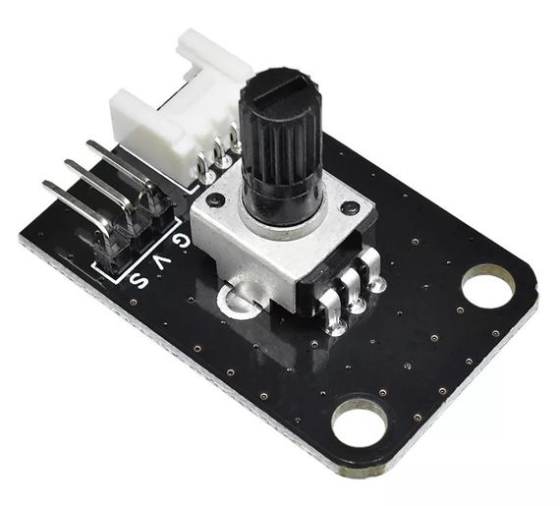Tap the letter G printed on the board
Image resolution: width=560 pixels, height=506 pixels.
pyautogui.click(x=181, y=241)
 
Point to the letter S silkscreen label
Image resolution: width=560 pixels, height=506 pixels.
pyautogui.click(x=139, y=281)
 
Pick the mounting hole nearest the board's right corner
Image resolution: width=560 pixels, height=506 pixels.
pyautogui.click(x=488, y=287)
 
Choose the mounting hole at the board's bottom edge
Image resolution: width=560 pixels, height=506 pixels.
pyautogui.click(x=360, y=422)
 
